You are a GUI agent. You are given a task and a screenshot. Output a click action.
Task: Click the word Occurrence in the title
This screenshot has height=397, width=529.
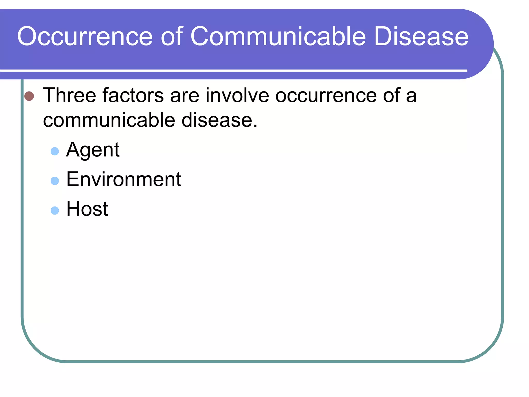[85, 36]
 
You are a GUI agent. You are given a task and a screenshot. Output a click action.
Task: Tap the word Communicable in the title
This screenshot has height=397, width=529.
[278, 36]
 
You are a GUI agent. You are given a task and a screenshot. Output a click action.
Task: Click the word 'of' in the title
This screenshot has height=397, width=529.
[172, 36]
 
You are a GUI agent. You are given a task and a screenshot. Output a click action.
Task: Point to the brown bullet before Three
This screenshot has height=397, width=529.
[29, 96]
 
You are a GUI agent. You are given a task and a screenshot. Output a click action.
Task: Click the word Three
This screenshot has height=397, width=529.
[69, 95]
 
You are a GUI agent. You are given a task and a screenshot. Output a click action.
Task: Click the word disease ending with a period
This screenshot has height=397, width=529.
[219, 120]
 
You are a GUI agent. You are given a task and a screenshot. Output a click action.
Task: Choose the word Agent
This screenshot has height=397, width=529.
[93, 150]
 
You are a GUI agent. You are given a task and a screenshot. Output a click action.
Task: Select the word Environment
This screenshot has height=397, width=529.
[124, 179]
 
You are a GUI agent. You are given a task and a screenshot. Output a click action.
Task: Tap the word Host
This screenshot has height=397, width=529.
[87, 209]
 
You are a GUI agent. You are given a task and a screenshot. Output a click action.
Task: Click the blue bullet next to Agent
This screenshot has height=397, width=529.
[55, 151]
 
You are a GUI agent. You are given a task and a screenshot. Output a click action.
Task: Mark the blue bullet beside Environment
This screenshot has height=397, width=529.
[55, 181]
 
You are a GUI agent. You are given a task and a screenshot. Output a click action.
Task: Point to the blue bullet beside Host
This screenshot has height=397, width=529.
[55, 210]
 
